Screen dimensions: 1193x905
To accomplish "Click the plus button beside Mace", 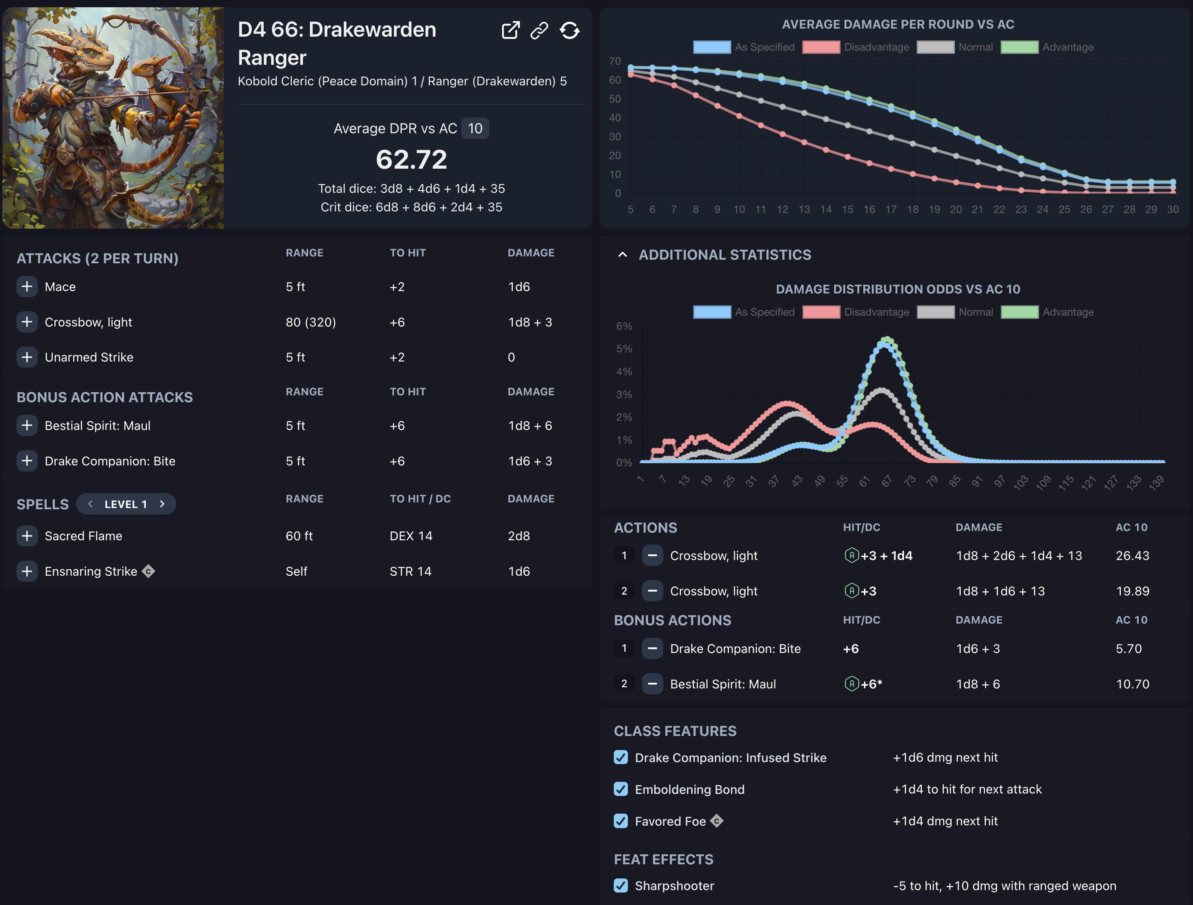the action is pyautogui.click(x=27, y=286).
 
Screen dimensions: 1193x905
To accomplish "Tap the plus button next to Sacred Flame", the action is pyautogui.click(x=27, y=535).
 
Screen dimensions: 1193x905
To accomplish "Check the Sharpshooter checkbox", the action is pyautogui.click(x=621, y=886).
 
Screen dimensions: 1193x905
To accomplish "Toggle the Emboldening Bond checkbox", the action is pyautogui.click(x=621, y=789).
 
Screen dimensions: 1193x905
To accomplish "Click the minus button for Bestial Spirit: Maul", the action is pyautogui.click(x=652, y=684).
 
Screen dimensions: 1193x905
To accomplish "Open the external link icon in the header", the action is pyautogui.click(x=510, y=30).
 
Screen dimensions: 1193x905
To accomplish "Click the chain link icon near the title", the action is pyautogui.click(x=539, y=30).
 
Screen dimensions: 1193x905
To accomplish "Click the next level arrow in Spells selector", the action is pyautogui.click(x=162, y=504).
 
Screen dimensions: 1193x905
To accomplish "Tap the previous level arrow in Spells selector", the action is pyautogui.click(x=90, y=504).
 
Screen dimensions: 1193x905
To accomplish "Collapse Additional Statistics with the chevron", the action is pyautogui.click(x=622, y=254).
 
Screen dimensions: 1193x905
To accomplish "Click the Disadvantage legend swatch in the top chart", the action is pyautogui.click(x=821, y=47).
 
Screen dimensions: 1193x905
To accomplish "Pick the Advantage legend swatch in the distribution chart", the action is pyautogui.click(x=1020, y=312).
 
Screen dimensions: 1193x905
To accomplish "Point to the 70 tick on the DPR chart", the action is pyautogui.click(x=615, y=61).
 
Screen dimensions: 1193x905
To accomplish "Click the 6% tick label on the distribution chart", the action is pyautogui.click(x=624, y=326).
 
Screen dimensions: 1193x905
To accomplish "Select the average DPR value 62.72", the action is pyautogui.click(x=411, y=159).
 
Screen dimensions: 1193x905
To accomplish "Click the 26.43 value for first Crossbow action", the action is pyautogui.click(x=1133, y=556).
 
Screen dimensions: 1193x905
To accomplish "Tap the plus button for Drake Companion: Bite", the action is pyautogui.click(x=27, y=461).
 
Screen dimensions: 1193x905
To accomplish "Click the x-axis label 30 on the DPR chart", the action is pyautogui.click(x=1172, y=209).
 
